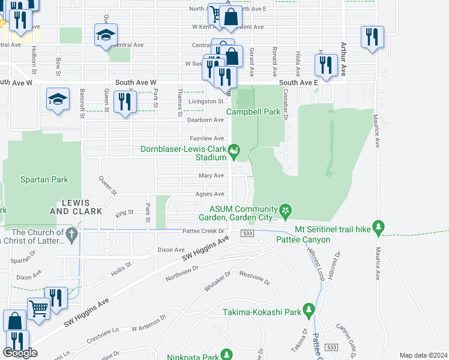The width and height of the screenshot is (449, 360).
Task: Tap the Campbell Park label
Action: coord(253,112)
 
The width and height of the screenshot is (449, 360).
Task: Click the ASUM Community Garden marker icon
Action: coord(286,209)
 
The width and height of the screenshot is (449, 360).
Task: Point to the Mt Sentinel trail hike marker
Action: coord(378,227)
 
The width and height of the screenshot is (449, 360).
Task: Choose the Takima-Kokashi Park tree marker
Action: coord(309,310)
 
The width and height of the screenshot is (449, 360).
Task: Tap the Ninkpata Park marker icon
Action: coord(226,355)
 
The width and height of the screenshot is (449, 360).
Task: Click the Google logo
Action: coord(20,353)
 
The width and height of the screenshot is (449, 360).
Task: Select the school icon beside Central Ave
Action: coord(106,36)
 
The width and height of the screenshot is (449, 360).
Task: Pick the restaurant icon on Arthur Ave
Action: coord(372,37)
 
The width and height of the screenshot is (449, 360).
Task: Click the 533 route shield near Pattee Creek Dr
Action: coord(247,233)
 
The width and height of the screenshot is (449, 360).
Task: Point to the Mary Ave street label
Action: coord(211,176)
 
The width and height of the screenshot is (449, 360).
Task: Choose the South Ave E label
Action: coord(298,82)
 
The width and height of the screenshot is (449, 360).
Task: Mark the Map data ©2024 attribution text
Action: coord(423,355)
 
